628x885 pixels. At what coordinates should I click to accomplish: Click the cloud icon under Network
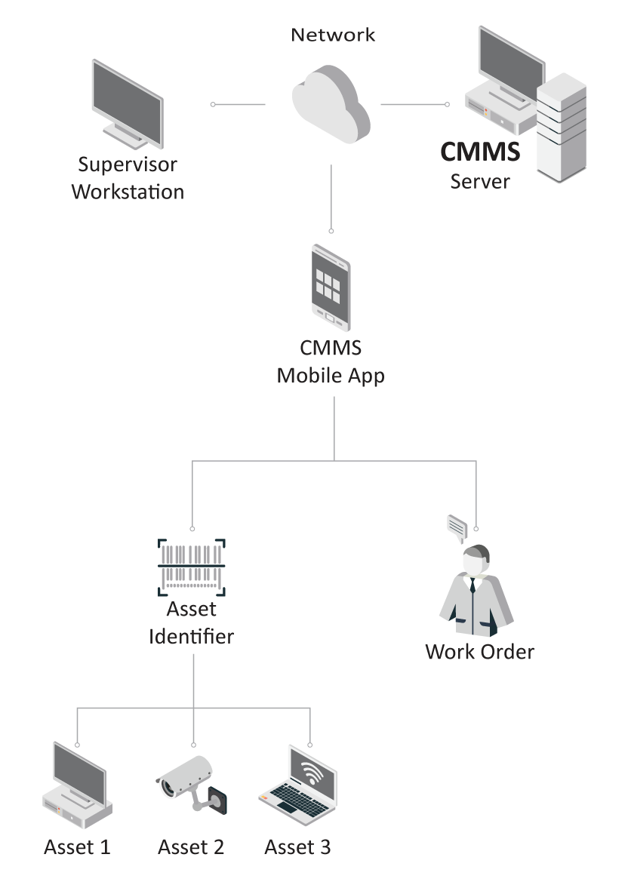331,106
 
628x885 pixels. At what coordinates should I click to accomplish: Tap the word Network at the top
333,35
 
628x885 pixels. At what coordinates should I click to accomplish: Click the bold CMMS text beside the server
480,152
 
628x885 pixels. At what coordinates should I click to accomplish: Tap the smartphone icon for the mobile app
331,287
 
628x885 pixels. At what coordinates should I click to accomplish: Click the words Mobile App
331,375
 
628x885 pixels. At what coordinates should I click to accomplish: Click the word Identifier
191,636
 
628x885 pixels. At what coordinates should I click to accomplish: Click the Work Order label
479,652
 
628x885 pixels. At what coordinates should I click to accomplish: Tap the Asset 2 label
191,847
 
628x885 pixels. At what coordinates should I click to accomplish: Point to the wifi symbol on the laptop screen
310,772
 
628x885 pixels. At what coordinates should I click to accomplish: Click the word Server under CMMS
480,182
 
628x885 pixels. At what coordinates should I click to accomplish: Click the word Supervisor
128,164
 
